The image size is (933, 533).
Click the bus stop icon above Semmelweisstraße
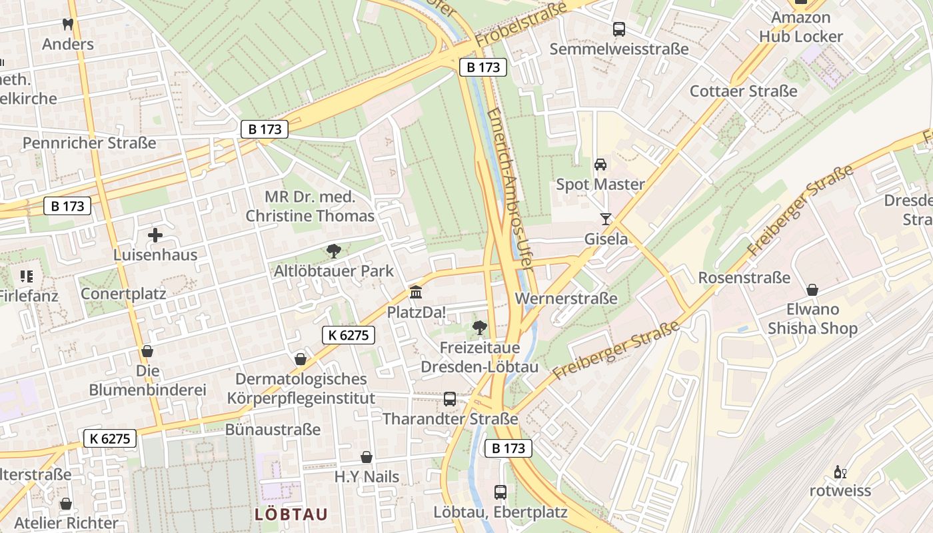619,29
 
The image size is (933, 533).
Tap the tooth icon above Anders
67,25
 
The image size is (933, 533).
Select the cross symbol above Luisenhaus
155,235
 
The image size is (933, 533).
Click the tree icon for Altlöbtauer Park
334,251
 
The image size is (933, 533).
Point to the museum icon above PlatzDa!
417,292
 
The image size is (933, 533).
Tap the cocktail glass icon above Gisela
606,219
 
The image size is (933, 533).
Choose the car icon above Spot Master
600,165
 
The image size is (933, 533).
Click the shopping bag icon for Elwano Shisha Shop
812,290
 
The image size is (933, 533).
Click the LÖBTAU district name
291,514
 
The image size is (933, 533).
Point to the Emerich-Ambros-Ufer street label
508,187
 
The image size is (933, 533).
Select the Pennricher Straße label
89,143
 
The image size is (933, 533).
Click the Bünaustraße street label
273,430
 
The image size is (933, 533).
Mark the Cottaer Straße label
743,91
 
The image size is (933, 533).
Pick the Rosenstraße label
744,278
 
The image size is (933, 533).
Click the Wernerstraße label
566,298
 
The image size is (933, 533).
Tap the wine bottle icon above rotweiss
840,472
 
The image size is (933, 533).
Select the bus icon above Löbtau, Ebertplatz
500,492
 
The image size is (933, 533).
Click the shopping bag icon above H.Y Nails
367,457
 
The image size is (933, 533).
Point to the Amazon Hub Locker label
800,27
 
